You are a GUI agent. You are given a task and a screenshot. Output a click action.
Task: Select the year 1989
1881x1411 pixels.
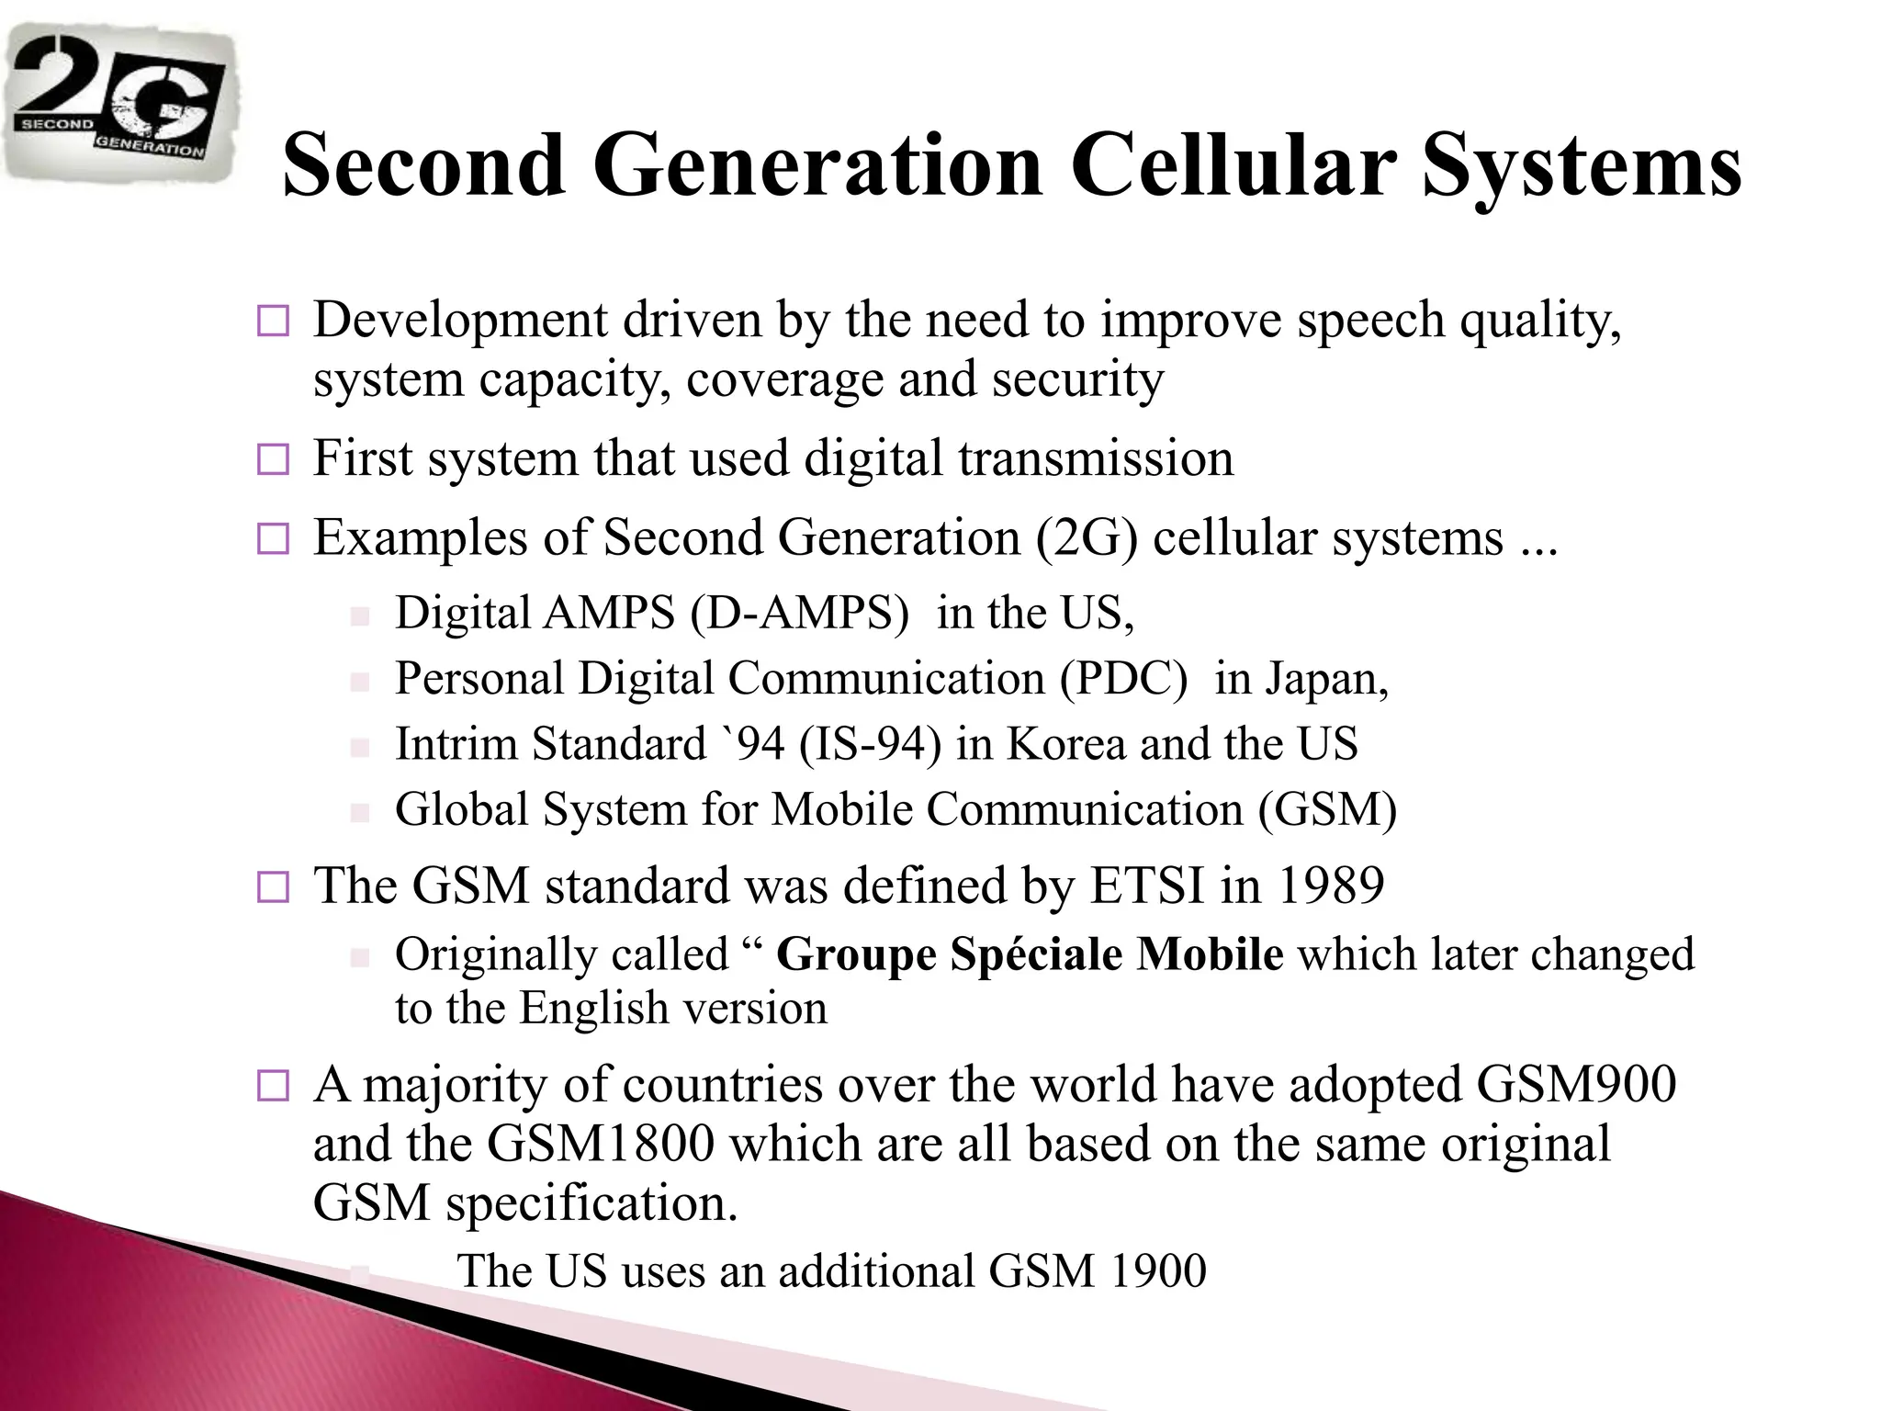tap(1331, 886)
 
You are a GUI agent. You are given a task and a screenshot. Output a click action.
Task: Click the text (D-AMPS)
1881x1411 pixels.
tap(799, 613)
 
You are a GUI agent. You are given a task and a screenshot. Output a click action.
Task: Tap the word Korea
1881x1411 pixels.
tap(1066, 744)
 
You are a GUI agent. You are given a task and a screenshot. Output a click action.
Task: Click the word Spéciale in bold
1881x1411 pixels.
tap(1036, 954)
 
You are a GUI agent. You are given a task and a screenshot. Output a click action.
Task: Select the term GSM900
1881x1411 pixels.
tap(1576, 1085)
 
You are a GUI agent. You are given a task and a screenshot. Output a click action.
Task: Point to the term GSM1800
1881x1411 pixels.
tap(601, 1145)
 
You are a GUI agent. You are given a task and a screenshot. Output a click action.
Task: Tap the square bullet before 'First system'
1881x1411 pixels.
tap(273, 459)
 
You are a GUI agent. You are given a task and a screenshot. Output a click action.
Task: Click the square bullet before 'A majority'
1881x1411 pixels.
tap(273, 1087)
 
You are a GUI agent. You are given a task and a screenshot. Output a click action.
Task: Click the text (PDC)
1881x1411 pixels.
tap(1122, 679)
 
